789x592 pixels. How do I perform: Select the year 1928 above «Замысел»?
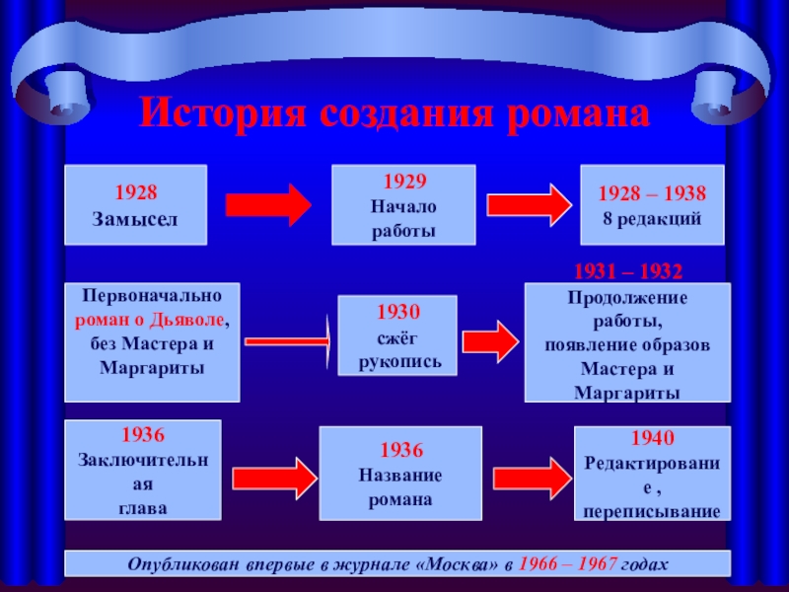tap(135, 193)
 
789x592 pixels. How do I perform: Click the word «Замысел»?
tap(135, 217)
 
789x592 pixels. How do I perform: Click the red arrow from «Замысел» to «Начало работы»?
tap(269, 204)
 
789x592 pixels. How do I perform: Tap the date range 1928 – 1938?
tap(652, 195)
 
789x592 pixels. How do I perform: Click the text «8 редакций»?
tap(652, 218)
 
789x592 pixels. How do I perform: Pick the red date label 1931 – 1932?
tap(628, 270)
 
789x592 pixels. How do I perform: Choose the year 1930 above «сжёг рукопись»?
tap(398, 313)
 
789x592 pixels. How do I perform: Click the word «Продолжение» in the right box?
tap(627, 298)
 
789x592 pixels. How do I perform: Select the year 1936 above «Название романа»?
tap(400, 450)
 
